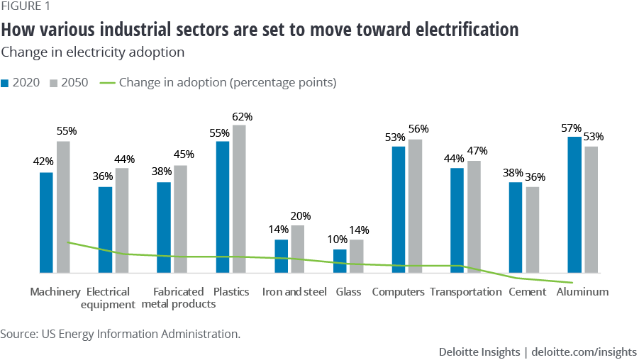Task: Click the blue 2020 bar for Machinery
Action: click(46, 223)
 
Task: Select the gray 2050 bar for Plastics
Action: click(239, 198)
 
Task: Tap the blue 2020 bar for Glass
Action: click(340, 261)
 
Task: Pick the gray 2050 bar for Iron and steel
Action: click(297, 249)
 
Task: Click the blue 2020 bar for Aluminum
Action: click(574, 205)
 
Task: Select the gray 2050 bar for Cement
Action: click(532, 230)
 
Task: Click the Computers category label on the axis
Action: click(398, 292)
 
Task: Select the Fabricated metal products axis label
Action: click(179, 298)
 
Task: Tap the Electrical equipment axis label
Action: click(109, 298)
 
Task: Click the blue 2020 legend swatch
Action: click(5, 83)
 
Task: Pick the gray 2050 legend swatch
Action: click(54, 83)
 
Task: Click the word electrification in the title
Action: click(462, 30)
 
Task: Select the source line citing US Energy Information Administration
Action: click(121, 333)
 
